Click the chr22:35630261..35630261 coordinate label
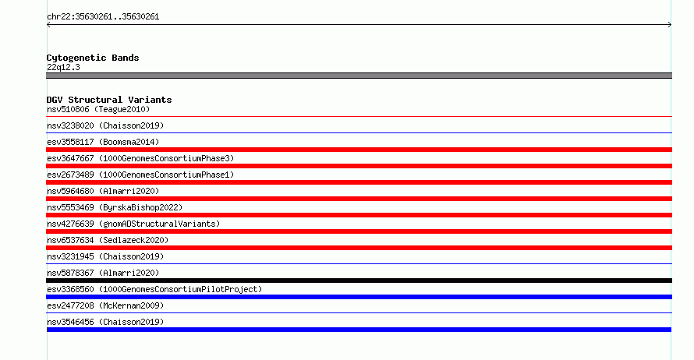coord(103,17)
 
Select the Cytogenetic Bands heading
coord(93,58)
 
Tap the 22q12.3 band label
coord(63,67)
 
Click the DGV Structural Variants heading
coord(109,100)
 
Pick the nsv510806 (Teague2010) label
coord(98,109)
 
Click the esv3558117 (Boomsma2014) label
coord(103,142)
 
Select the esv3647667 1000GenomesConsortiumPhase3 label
coord(140,158)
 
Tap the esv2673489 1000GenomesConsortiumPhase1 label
coord(140,175)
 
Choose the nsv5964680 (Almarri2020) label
coord(103,191)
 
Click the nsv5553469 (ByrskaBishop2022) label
coord(115,207)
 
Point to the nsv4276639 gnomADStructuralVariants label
coord(133,224)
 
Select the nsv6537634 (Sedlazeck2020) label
coord(108,240)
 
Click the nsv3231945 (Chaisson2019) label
coord(105,256)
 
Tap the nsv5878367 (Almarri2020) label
coord(103,273)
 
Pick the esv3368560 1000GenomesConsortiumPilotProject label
coord(154,289)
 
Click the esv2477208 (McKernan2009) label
coord(105,305)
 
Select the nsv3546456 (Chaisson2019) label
coord(105,322)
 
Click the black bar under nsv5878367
coord(359,281)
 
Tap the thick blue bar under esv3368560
coord(359,297)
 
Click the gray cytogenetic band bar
coord(359,76)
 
